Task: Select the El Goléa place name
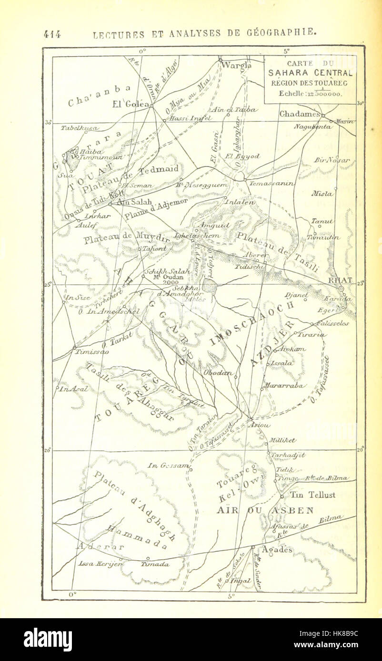click(131, 104)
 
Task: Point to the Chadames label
click(299, 114)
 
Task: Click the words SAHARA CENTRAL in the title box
click(310, 73)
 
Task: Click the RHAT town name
click(340, 281)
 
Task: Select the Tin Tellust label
click(314, 495)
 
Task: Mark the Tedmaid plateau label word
click(159, 169)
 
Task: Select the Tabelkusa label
click(80, 128)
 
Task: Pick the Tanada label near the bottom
click(155, 564)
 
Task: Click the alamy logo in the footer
click(48, 639)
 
